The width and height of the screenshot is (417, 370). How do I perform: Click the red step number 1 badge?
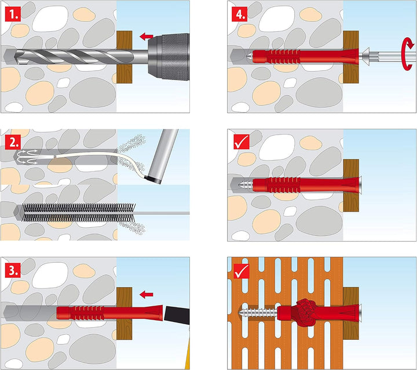[12, 12]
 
